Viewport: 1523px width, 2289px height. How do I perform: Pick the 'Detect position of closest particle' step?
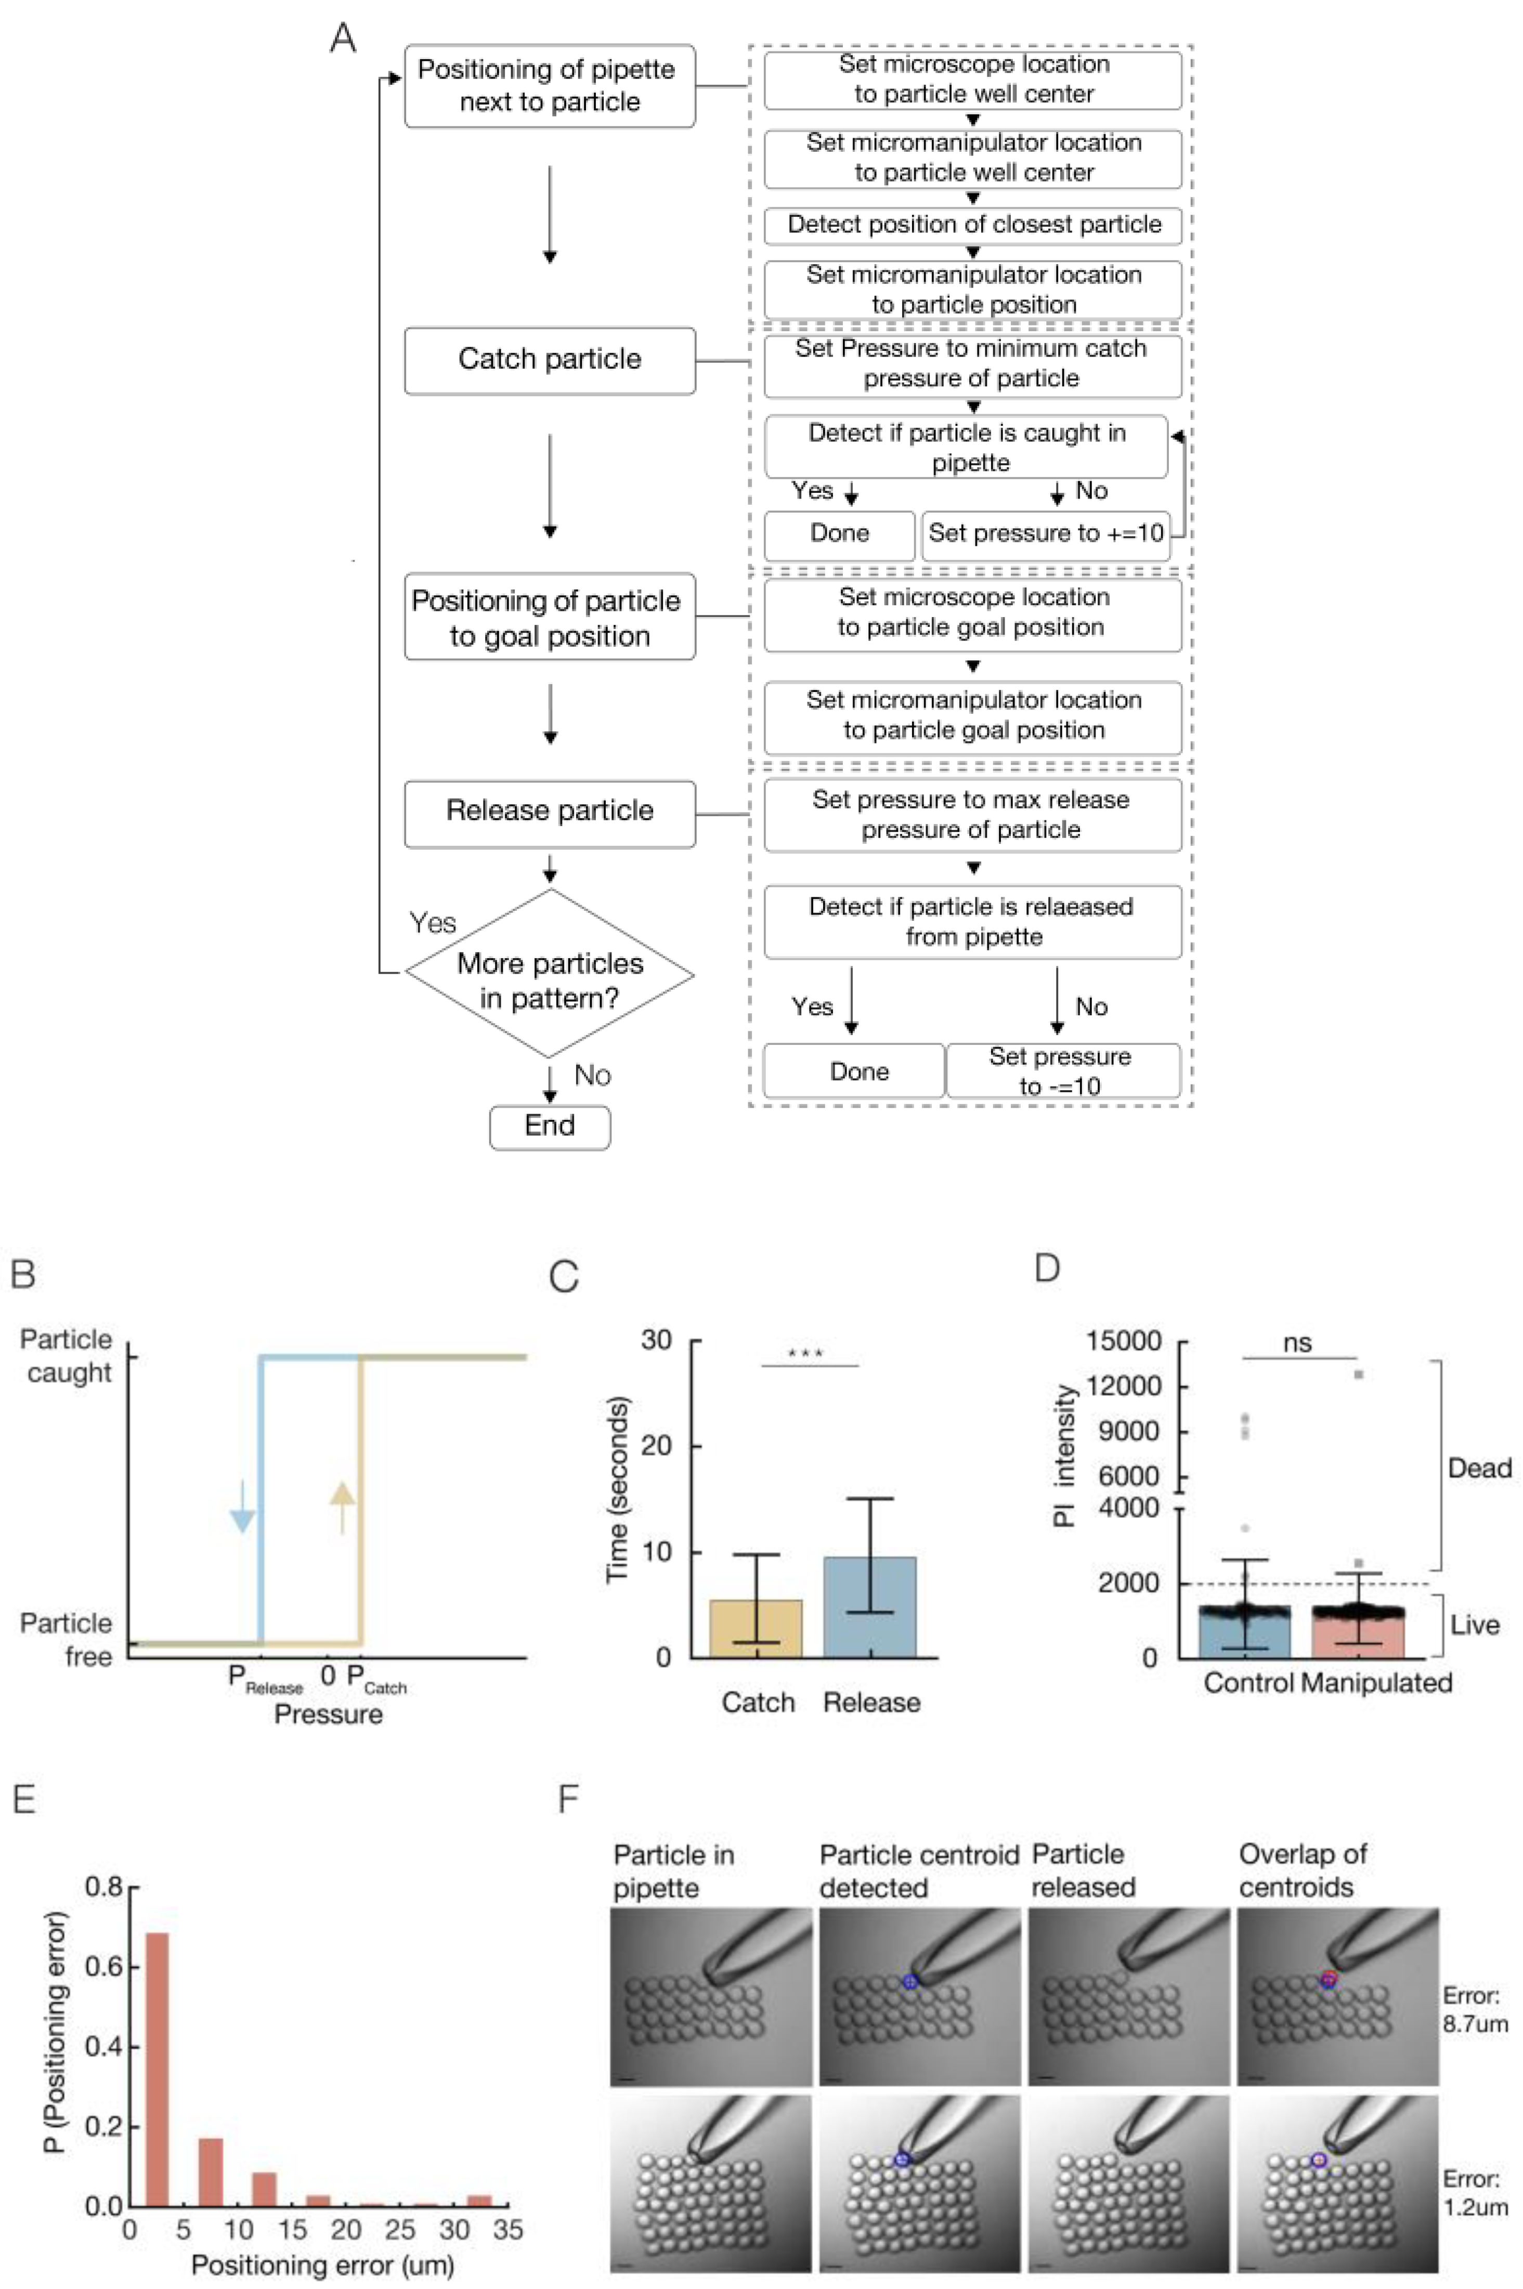pos(973,225)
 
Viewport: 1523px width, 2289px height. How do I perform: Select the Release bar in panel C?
pos(870,1607)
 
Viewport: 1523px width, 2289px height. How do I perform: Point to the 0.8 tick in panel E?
pos(104,1887)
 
